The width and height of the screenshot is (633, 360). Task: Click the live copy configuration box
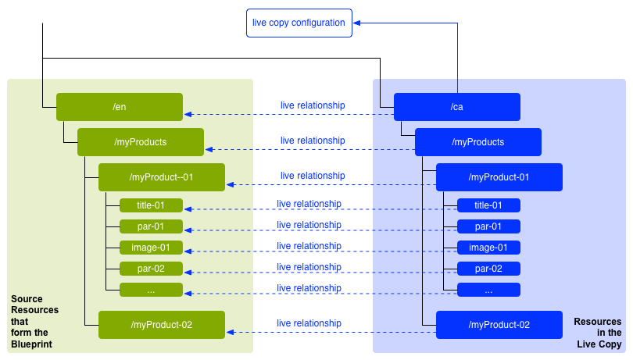click(299, 23)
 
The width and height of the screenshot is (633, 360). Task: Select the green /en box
click(119, 107)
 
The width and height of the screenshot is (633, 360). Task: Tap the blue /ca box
click(456, 107)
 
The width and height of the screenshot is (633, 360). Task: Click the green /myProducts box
click(140, 142)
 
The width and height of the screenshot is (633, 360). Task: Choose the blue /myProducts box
click(477, 142)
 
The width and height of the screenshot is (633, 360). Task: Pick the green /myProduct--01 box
click(161, 177)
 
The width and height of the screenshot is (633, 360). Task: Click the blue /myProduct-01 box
click(499, 177)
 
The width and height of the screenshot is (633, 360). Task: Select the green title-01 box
click(151, 205)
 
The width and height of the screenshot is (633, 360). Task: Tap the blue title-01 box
click(488, 205)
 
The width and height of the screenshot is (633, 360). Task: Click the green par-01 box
click(151, 226)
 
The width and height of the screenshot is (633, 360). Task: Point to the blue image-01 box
click(488, 248)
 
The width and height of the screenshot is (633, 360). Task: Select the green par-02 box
click(151, 269)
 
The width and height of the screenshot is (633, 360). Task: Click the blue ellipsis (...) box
click(488, 290)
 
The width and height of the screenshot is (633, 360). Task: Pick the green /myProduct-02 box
click(161, 325)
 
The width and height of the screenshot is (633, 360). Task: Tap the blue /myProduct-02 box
click(499, 325)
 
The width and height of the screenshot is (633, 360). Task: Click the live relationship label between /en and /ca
click(313, 105)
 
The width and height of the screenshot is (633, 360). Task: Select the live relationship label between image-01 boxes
click(309, 246)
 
